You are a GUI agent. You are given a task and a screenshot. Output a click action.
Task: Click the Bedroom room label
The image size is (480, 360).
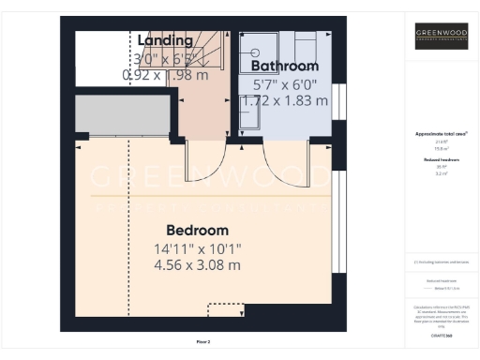(x=197, y=231)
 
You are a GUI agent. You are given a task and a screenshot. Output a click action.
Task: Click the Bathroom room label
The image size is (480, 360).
(x=286, y=67)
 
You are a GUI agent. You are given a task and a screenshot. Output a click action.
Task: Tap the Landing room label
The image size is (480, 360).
(x=165, y=40)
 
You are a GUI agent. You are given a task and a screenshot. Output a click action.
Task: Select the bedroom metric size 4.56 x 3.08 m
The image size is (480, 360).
(x=197, y=265)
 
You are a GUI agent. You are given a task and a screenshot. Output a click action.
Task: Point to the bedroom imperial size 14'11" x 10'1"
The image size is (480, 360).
(x=197, y=249)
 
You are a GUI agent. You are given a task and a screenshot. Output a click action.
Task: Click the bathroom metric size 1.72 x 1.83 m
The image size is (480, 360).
(x=286, y=99)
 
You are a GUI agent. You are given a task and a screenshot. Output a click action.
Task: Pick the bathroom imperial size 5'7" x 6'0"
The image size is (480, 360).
(x=286, y=83)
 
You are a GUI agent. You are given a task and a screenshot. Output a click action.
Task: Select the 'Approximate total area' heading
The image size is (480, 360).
(x=442, y=134)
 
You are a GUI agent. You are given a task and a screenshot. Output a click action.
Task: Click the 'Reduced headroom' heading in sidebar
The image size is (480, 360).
(x=442, y=160)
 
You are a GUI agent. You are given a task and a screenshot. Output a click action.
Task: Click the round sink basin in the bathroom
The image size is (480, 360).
(x=252, y=54)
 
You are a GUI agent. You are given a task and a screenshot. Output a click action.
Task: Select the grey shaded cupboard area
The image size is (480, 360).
(x=122, y=113)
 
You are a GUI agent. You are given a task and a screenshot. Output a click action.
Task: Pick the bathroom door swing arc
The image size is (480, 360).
(x=281, y=169)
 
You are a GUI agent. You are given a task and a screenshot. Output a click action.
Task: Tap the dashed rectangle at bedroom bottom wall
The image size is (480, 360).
(x=225, y=308)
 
